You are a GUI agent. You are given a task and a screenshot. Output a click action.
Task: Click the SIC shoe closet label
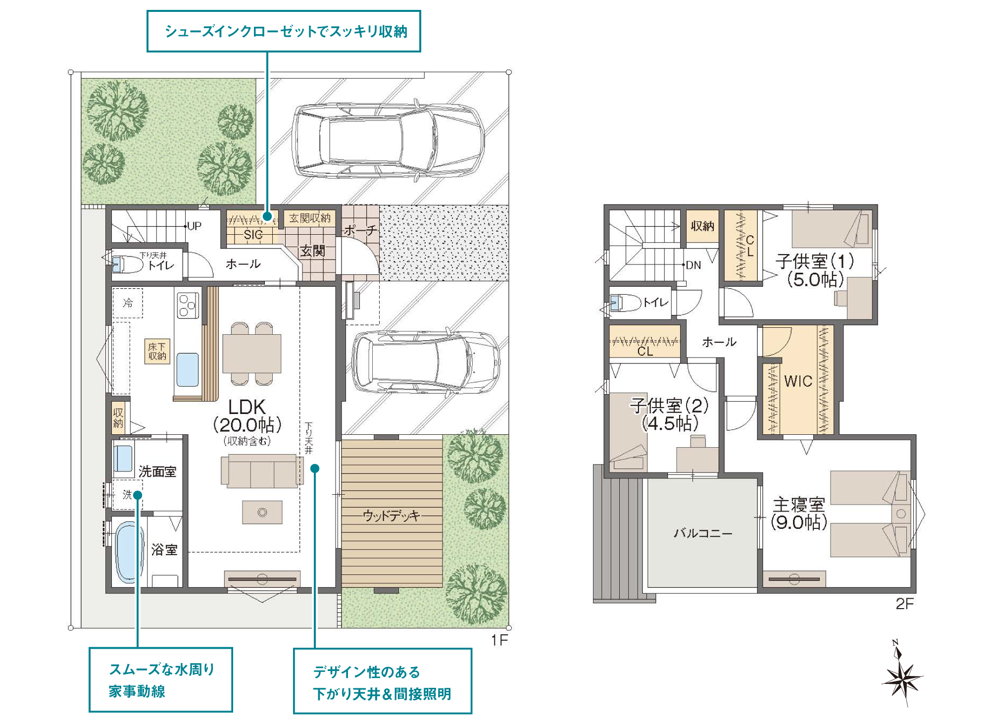tap(253, 235)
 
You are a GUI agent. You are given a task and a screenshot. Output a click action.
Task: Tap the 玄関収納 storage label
tap(310, 218)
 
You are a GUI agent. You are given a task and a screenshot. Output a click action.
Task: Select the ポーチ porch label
tap(360, 230)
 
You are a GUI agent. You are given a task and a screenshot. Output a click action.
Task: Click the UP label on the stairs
tap(194, 226)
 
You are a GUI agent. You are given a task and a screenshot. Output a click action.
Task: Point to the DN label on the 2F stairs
tap(693, 265)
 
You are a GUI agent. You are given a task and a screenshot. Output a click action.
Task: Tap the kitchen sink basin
tap(188, 369)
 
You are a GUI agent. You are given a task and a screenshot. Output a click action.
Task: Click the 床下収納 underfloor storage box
tap(157, 352)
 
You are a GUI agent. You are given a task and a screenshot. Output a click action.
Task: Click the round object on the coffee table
tap(262, 513)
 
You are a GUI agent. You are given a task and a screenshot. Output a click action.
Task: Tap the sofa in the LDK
tap(262, 471)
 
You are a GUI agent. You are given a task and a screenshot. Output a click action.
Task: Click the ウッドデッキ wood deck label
tap(392, 516)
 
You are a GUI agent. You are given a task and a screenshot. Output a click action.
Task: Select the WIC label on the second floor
tap(798, 381)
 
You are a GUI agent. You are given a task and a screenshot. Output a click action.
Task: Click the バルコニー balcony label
tap(703, 533)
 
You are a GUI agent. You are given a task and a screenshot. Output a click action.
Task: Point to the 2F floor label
tap(905, 604)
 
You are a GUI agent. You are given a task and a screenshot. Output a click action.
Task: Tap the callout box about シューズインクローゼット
tap(284, 31)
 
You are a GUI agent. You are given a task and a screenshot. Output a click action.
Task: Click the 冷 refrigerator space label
tap(128, 303)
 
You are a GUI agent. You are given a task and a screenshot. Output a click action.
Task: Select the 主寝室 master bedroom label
tap(799, 505)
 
